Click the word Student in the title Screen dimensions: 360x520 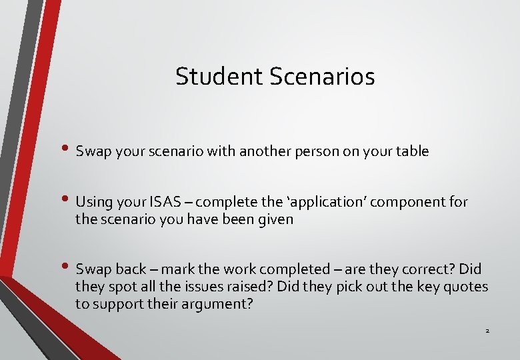coord(220,77)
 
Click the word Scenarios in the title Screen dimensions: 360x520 coord(323,77)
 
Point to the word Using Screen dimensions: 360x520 coord(93,202)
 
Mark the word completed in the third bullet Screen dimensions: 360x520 coord(303,269)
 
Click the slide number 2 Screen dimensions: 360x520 coord(487,331)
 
